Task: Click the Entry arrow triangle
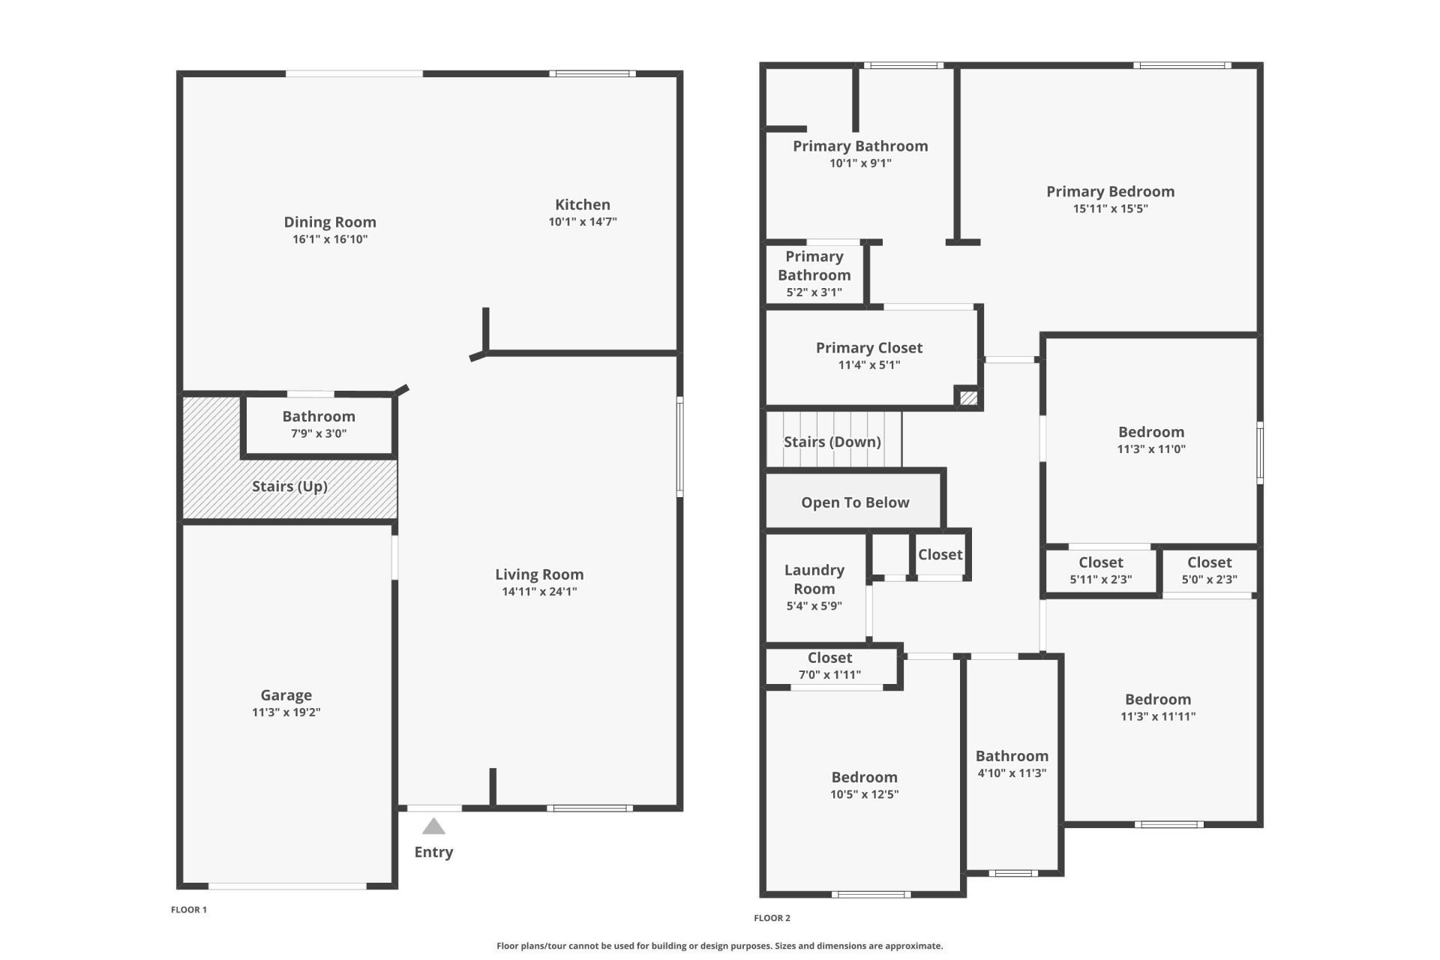pos(433,826)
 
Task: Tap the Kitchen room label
pos(583,205)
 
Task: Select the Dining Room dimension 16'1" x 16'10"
pos(330,239)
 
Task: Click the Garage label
pos(286,695)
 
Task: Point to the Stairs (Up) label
pos(289,486)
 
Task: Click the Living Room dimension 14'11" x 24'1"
pos(539,591)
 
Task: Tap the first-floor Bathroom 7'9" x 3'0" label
pos(319,416)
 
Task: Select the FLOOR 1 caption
pos(189,910)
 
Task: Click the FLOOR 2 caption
pos(772,918)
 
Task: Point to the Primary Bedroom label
pos(1110,191)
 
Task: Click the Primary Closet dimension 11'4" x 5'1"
pos(869,365)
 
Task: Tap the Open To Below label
pos(855,502)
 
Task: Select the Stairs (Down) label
pos(832,442)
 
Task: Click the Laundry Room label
pos(814,579)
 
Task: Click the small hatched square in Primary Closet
pos(968,398)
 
